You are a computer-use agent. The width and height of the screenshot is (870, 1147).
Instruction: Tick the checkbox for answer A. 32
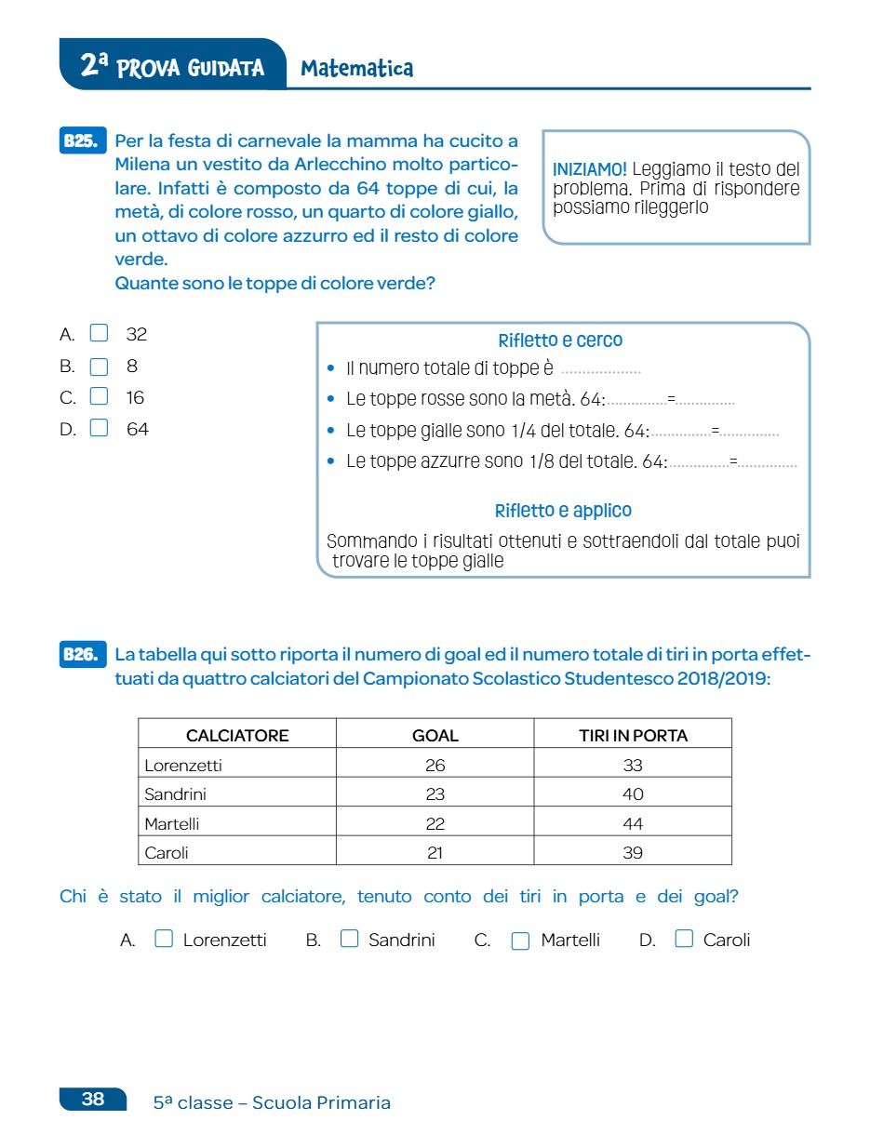100,333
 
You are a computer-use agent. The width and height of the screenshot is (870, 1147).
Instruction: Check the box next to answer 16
100,396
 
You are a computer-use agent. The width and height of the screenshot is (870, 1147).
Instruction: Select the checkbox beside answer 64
100,428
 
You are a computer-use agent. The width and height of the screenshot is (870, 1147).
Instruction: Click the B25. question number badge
82,141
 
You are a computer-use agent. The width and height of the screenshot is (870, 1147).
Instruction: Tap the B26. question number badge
82,655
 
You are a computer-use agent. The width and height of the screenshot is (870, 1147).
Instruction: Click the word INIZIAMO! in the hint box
590,170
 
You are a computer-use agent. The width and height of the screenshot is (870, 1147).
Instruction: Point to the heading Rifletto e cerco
560,340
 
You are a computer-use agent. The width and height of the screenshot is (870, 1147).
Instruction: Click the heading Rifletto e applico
563,511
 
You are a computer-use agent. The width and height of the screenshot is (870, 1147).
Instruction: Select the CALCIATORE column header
237,735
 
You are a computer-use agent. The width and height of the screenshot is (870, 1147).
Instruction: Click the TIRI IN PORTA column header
633,735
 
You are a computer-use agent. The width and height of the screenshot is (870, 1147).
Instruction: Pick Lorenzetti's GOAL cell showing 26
435,766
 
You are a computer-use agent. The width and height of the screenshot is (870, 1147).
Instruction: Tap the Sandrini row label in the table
175,794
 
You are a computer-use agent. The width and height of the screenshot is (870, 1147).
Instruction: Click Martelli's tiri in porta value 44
633,823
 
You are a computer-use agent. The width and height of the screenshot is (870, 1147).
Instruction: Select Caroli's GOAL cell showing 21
435,852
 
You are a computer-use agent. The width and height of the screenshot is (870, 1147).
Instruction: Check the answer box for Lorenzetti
164,940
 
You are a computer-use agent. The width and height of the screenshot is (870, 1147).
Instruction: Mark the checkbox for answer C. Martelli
521,940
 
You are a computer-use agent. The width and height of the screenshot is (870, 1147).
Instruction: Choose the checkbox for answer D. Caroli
684,940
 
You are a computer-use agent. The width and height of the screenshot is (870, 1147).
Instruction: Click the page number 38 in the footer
93,1099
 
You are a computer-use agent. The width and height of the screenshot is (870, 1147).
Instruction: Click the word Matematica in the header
357,68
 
